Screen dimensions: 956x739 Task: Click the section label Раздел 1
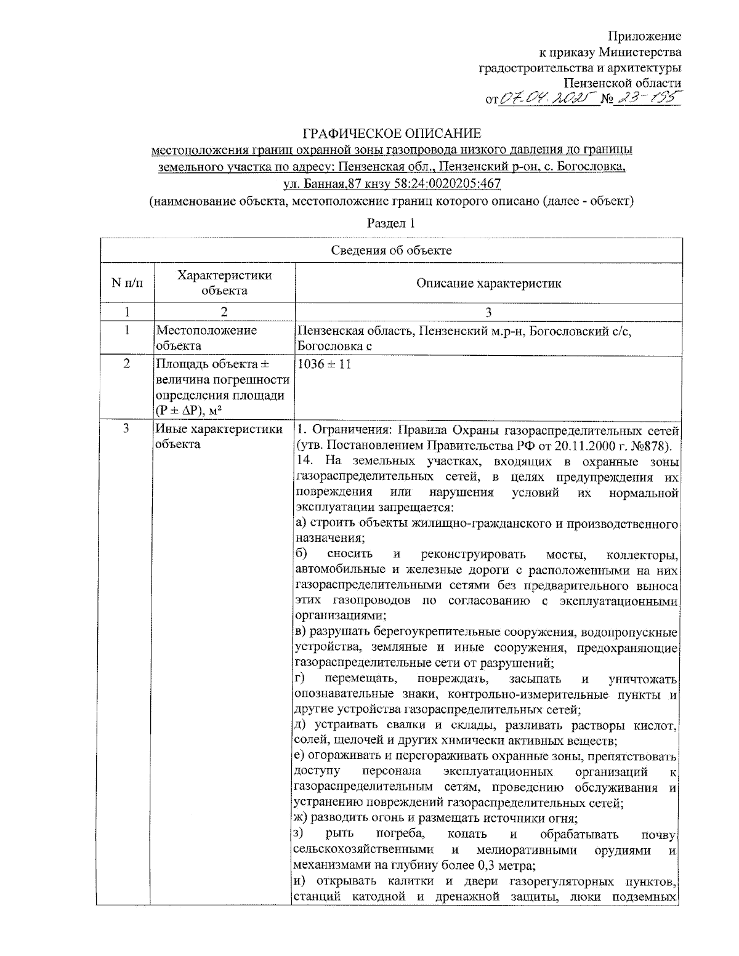pos(391,223)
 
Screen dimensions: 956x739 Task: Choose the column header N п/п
pos(126,283)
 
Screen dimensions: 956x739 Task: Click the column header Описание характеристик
pos(488,283)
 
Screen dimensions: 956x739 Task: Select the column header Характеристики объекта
pos(224,283)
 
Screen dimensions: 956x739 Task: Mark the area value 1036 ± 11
pos(325,364)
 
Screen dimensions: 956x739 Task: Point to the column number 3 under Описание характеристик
pos(488,312)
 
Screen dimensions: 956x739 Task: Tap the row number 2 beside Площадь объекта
pos(126,364)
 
